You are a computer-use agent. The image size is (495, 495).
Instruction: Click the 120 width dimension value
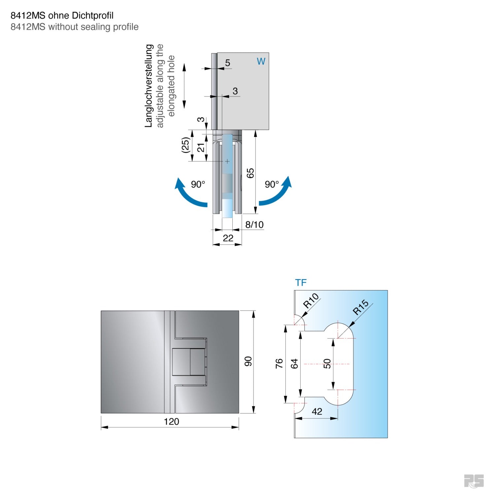point(171,421)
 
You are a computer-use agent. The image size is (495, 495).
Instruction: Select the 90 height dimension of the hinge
point(248,361)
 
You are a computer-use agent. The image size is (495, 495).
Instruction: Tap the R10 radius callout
point(311,301)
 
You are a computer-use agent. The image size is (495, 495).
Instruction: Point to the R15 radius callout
point(360,307)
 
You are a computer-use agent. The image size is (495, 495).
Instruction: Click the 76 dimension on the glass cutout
point(279,363)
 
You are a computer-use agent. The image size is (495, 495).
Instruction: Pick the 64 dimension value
point(294,364)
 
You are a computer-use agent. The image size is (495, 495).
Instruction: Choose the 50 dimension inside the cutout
point(327,364)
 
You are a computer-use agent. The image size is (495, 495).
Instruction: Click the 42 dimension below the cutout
point(317,412)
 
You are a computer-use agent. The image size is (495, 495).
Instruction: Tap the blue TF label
point(301,283)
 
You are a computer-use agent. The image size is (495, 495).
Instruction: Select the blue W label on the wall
point(261,61)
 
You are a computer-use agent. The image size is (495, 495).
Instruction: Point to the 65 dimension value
point(250,173)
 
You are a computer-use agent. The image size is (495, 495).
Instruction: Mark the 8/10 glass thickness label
point(254,225)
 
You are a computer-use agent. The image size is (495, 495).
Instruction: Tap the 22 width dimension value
point(228,238)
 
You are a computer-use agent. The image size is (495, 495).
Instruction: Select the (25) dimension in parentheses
point(186,145)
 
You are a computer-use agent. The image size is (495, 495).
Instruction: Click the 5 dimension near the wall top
point(227,63)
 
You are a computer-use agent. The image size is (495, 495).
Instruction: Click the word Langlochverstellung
point(149,86)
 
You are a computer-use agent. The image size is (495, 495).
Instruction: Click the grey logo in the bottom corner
point(474,481)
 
